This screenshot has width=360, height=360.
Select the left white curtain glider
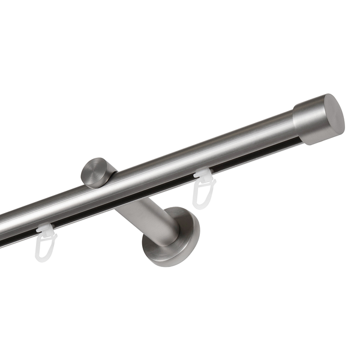point(47,241)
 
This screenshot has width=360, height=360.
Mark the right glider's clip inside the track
point(205,176)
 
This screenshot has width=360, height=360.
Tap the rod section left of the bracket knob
point(42,207)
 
